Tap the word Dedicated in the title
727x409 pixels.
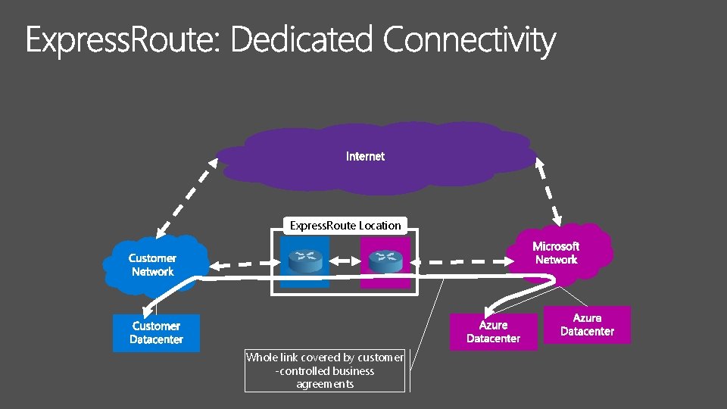tap(301, 39)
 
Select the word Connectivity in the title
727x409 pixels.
tap(470, 41)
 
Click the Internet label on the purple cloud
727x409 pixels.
tap(365, 157)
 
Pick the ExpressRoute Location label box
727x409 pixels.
tap(345, 225)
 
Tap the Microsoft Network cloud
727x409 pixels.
tap(556, 253)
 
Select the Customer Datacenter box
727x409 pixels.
tap(156, 333)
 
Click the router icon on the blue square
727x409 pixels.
tap(304, 261)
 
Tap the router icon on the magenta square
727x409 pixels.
tap(385, 261)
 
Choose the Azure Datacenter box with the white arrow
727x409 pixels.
tap(494, 332)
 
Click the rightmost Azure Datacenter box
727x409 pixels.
tap(587, 325)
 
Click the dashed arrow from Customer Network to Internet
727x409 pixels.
tap(182, 195)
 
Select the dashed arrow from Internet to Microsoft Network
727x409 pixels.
tap(547, 190)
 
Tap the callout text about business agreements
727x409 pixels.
tap(325, 370)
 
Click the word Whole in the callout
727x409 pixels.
tap(261, 357)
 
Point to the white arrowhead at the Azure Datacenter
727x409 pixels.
tap(491, 308)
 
